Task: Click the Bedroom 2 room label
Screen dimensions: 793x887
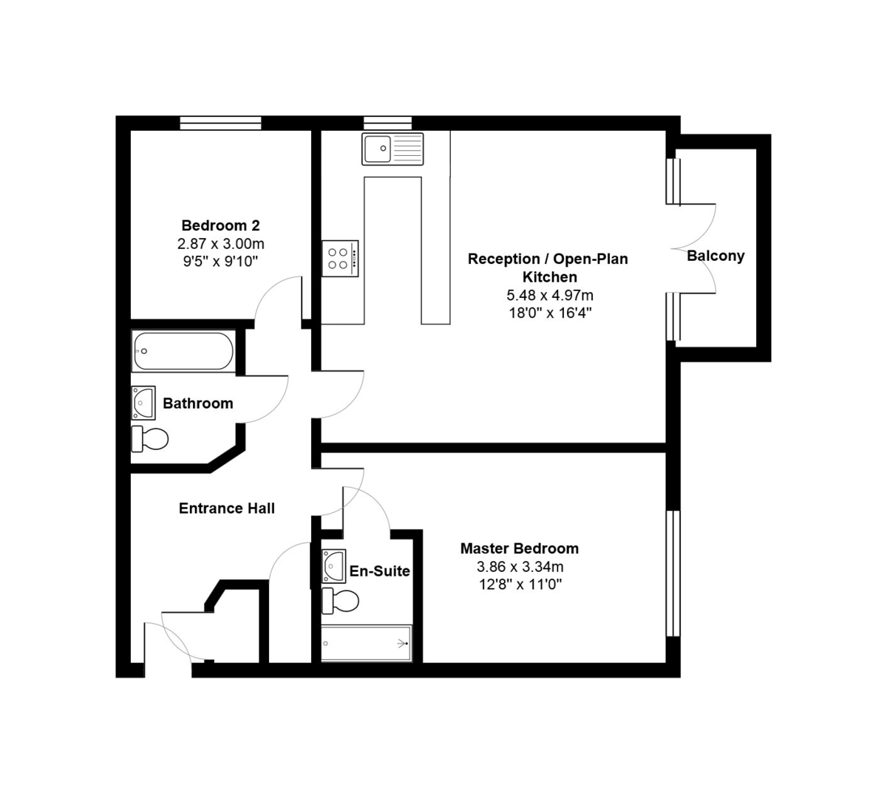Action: pos(220,225)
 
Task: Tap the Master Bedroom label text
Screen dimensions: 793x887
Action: pos(519,548)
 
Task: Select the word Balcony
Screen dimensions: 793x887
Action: pos(716,256)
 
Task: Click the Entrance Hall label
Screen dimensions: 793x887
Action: pos(227,508)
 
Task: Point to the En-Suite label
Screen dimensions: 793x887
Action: pos(379,571)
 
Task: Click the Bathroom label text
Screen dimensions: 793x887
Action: pos(197,404)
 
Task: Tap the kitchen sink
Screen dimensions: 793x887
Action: pos(392,149)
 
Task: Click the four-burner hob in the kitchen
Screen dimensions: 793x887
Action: pos(340,259)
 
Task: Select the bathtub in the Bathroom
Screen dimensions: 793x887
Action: pos(183,351)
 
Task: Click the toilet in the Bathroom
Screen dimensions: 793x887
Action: pos(149,438)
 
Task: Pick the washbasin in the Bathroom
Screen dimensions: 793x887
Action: pos(143,403)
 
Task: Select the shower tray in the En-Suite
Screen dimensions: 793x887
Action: pos(366,643)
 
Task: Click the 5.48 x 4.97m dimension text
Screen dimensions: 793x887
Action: pos(549,296)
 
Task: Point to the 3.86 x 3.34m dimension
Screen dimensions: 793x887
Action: pos(520,567)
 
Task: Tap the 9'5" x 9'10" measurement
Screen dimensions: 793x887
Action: pos(220,261)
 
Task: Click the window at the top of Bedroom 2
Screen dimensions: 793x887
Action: pos(221,123)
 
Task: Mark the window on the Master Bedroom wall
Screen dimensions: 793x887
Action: pos(672,573)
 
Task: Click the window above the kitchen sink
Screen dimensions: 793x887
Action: pos(387,123)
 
